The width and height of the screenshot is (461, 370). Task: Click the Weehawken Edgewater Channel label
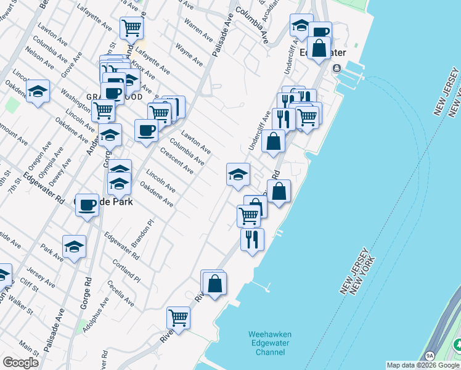click(x=269, y=343)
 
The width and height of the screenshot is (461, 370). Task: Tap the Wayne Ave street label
click(x=189, y=54)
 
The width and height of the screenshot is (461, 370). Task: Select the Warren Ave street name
click(x=193, y=27)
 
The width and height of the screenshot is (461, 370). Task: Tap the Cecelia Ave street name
click(x=120, y=294)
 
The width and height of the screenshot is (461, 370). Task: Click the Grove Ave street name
click(x=71, y=64)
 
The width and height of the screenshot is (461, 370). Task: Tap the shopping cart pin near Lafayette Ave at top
click(x=132, y=27)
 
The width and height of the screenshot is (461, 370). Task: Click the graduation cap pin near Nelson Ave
click(x=38, y=92)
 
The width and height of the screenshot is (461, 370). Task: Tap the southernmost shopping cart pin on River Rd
click(x=178, y=318)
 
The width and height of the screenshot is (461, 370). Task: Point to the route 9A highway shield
click(x=430, y=356)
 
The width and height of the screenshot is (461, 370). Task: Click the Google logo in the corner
click(x=20, y=363)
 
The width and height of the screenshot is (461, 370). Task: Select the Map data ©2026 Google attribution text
click(x=423, y=365)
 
